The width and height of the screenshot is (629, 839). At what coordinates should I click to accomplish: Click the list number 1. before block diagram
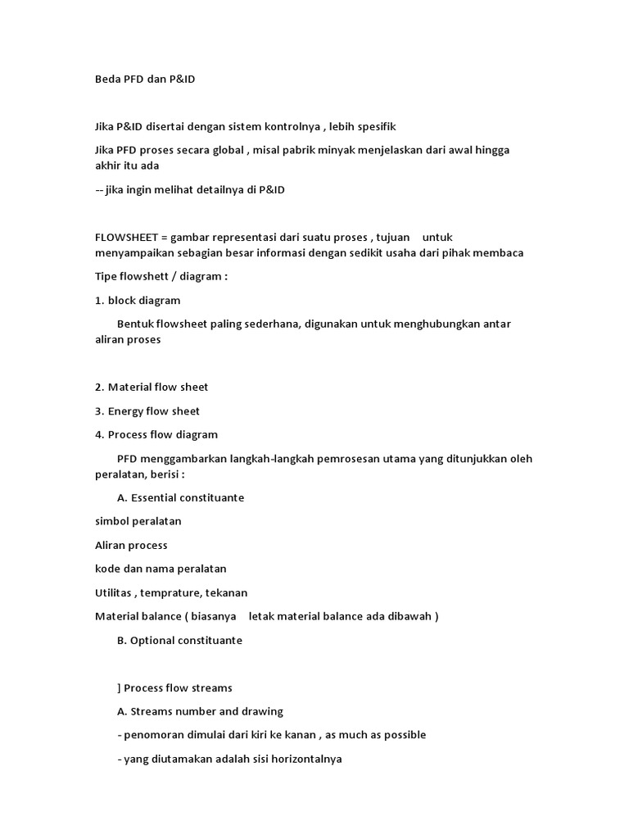point(99,300)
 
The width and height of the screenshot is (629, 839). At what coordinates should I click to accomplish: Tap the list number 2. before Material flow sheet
point(99,387)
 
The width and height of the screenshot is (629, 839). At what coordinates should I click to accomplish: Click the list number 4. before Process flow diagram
point(99,434)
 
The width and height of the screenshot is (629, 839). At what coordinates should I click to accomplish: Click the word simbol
point(112,521)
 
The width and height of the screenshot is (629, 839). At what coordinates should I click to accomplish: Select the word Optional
point(154,640)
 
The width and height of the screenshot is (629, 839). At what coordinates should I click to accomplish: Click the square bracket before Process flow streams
point(120,687)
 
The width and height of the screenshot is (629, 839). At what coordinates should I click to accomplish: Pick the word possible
point(403,735)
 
